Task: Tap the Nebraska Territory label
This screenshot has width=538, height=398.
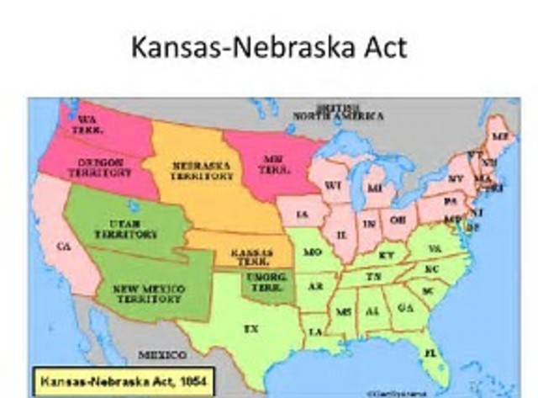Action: point(202,172)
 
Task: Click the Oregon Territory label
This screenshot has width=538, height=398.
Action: point(99,167)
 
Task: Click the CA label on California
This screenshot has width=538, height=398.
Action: point(61,247)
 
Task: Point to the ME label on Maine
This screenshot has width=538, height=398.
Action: point(500,135)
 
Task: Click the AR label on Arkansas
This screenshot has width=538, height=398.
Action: point(315,286)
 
